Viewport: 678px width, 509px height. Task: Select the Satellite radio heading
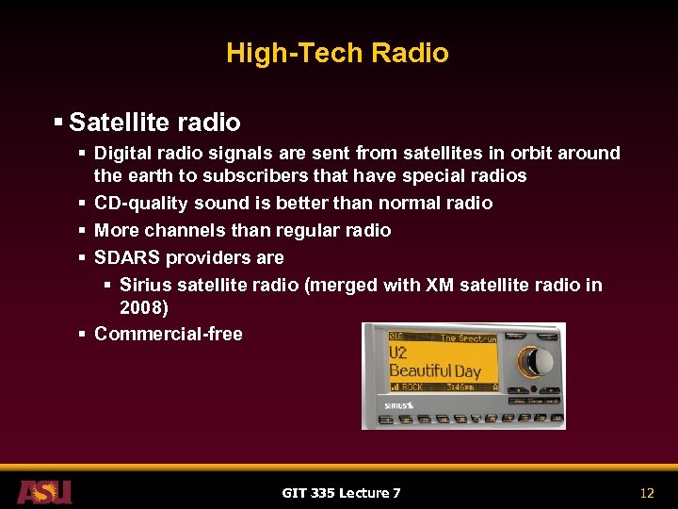pyautogui.click(x=154, y=123)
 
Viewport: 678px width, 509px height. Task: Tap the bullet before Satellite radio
pyautogui.click(x=58, y=123)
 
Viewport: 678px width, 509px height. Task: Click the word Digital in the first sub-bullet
pyautogui.click(x=120, y=153)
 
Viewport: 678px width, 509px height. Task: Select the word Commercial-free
pyautogui.click(x=169, y=334)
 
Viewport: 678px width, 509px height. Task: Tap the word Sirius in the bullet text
pyautogui.click(x=146, y=285)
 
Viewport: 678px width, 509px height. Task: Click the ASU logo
pyautogui.click(x=43, y=491)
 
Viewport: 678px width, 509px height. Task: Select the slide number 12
pyautogui.click(x=646, y=493)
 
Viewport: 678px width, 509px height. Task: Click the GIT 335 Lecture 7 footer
pyautogui.click(x=341, y=493)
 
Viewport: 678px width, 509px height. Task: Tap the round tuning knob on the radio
pyautogui.click(x=538, y=361)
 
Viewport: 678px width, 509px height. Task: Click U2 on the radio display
pyautogui.click(x=399, y=353)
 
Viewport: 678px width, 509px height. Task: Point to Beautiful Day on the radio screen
pyautogui.click(x=434, y=370)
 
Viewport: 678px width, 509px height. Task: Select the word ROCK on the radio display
pyautogui.click(x=412, y=386)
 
